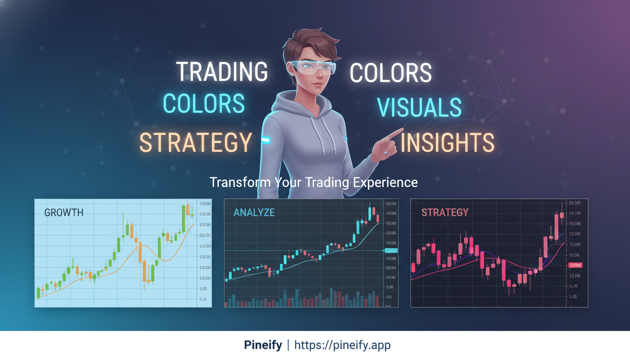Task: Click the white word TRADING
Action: (x=222, y=72)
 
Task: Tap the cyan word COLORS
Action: (x=204, y=104)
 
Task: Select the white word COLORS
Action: (x=390, y=73)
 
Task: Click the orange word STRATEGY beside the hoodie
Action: (x=195, y=142)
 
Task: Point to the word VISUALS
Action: (x=420, y=107)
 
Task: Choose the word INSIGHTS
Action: (x=448, y=142)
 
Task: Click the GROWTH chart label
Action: (x=64, y=212)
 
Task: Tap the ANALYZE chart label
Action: (x=254, y=212)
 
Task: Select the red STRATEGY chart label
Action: (x=445, y=212)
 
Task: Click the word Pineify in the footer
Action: (x=263, y=345)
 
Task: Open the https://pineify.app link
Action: (x=342, y=345)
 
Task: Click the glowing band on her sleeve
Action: (x=265, y=139)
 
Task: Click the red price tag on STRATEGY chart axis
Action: (x=575, y=265)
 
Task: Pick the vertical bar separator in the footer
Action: (x=288, y=345)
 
